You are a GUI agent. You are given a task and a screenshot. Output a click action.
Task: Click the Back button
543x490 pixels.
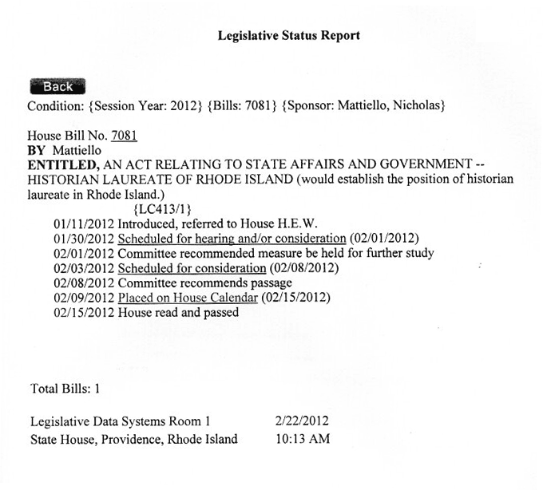click(57, 87)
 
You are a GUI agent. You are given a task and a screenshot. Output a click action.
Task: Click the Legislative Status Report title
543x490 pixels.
click(288, 36)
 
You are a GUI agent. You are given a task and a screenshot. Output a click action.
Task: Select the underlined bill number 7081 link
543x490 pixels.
click(124, 136)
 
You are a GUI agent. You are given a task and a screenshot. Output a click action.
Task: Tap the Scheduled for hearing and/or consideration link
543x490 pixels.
click(232, 239)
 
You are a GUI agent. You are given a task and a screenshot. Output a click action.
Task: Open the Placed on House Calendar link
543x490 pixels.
click(188, 298)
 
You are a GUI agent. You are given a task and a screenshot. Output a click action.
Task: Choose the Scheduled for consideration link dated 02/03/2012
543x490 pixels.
click(192, 268)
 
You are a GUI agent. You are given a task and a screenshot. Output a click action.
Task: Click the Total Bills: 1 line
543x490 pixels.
click(65, 389)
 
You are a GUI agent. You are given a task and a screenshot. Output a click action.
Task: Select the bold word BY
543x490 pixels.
click(37, 150)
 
